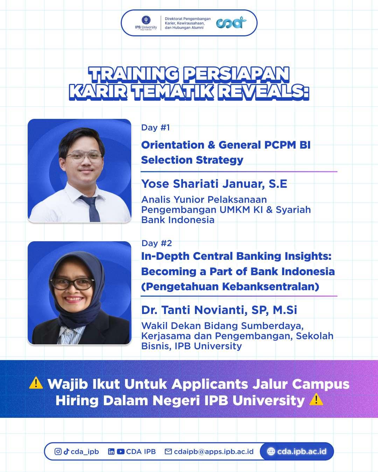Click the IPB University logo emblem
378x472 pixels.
pos(146,20)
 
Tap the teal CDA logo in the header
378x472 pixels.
pos(231,23)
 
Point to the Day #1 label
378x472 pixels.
pos(155,128)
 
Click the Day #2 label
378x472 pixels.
pos(156,243)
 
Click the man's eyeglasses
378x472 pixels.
pos(84,157)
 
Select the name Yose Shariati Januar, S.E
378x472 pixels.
pos(214,184)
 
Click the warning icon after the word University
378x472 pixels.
pos(316,399)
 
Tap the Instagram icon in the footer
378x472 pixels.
pos(58,451)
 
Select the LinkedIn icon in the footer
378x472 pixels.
pos(111,451)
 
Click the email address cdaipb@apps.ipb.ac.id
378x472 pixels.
pos(213,451)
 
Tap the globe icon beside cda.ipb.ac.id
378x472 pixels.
pos(271,451)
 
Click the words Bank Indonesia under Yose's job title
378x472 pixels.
pos(178,220)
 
